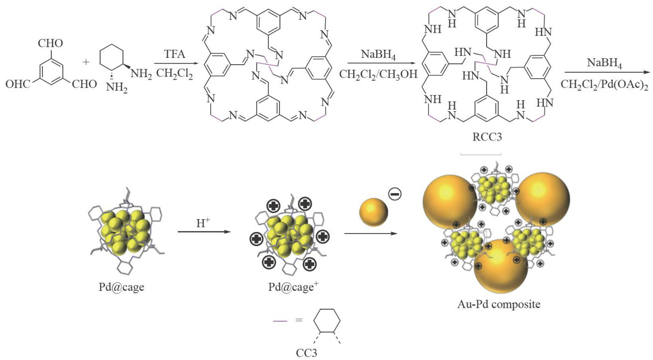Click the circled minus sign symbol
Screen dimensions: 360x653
394,194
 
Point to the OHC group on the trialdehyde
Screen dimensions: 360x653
18,84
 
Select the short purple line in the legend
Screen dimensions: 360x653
280,321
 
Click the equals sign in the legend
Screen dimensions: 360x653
299,321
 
